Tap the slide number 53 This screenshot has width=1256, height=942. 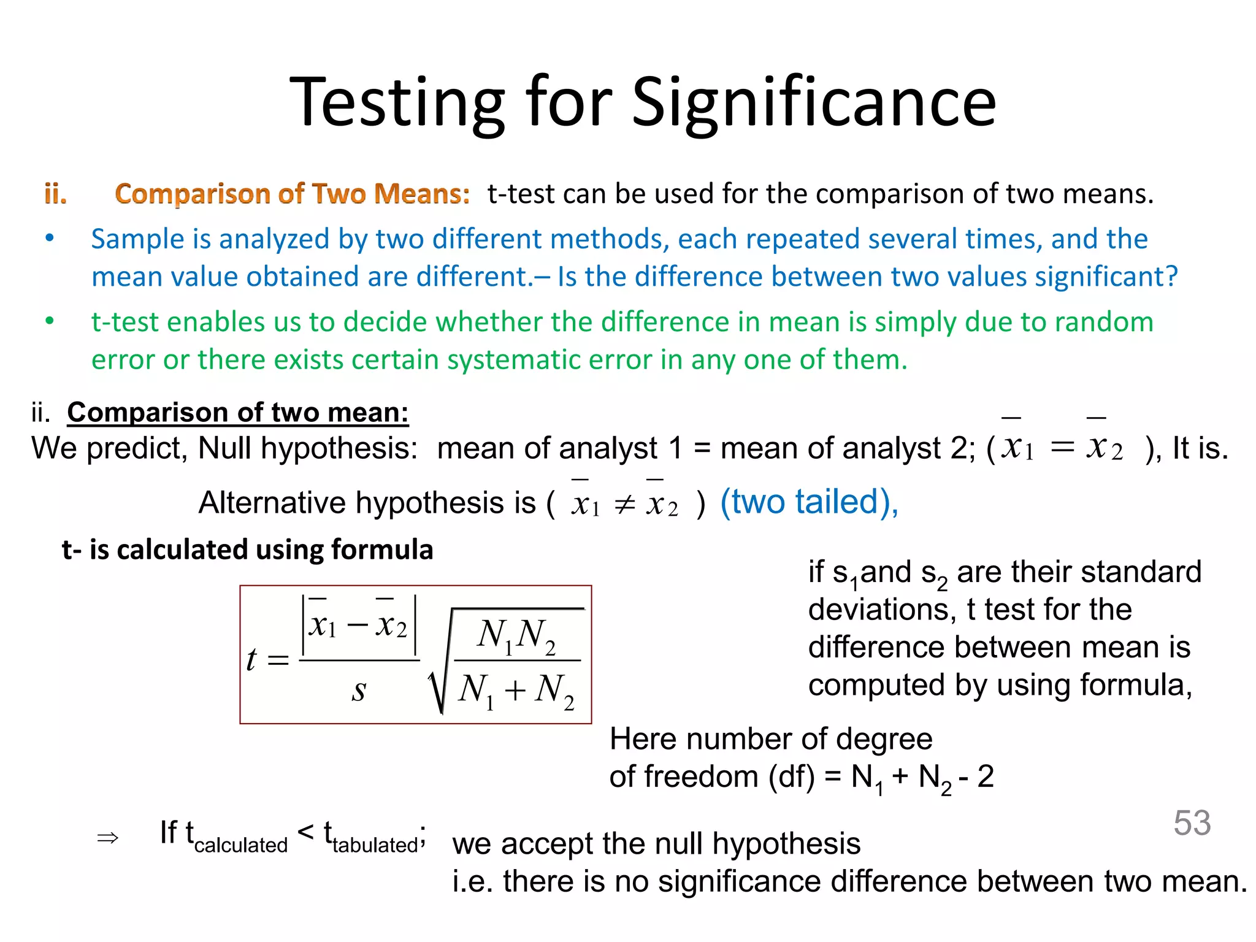pyautogui.click(x=1192, y=822)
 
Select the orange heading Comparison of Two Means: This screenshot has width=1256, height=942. pyautogui.click(x=293, y=194)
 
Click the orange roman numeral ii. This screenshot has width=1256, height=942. pyautogui.click(x=55, y=194)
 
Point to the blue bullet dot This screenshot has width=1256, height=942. pyautogui.click(x=50, y=238)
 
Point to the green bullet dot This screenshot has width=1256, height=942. pyautogui.click(x=50, y=321)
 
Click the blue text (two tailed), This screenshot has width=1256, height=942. pyautogui.click(x=809, y=502)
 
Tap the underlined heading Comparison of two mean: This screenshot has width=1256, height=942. pyautogui.click(x=238, y=412)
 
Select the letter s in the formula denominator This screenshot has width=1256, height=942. pyautogui.click(x=359, y=691)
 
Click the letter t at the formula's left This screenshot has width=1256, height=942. pyautogui.click(x=251, y=660)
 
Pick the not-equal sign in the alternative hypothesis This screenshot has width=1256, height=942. pyautogui.click(x=624, y=505)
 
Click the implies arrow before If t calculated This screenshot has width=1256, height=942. pyautogui.click(x=108, y=838)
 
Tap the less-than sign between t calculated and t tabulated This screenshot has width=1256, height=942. pyautogui.click(x=305, y=832)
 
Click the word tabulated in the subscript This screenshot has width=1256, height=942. pyautogui.click(x=375, y=845)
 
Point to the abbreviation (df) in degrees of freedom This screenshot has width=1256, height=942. pyautogui.click(x=792, y=777)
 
